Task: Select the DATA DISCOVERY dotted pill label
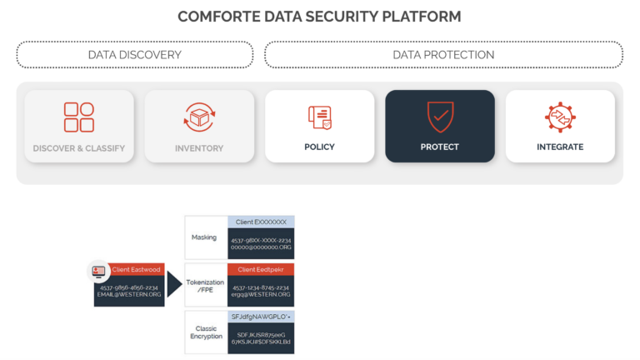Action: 134,55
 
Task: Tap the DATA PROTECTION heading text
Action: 443,55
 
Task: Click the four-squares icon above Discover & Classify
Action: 79,117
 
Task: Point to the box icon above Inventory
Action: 199,117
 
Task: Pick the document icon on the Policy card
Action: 319,117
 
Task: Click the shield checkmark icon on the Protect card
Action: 439,117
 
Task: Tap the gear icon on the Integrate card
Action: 560,117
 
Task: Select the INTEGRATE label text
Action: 560,147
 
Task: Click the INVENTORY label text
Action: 199,148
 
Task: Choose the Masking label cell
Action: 204,237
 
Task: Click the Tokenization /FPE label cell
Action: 204,285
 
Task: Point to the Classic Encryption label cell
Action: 204,332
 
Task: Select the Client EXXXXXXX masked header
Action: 261,222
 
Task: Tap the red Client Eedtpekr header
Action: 261,269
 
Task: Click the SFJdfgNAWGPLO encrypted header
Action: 261,317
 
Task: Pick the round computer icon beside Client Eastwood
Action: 99,272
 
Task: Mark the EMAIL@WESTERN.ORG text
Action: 128,294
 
